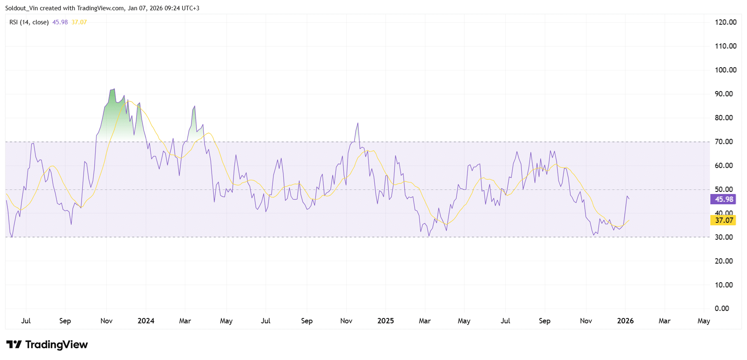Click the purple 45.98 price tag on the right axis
[723, 199]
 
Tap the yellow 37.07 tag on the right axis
[723, 220]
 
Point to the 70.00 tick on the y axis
[724, 142]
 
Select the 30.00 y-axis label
[724, 237]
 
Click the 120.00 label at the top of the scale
[725, 22]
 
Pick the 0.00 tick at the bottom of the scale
[721, 309]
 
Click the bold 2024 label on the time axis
[146, 321]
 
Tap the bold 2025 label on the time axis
[385, 321]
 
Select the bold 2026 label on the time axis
[625, 321]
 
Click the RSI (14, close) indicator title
[29, 22]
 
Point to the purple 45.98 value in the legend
[60, 22]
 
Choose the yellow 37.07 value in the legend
[79, 22]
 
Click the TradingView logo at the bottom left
[47, 344]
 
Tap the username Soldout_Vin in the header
[21, 8]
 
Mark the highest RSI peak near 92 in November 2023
[114, 89]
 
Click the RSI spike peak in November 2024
[358, 123]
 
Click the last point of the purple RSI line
[629, 199]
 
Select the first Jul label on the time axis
[26, 321]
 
